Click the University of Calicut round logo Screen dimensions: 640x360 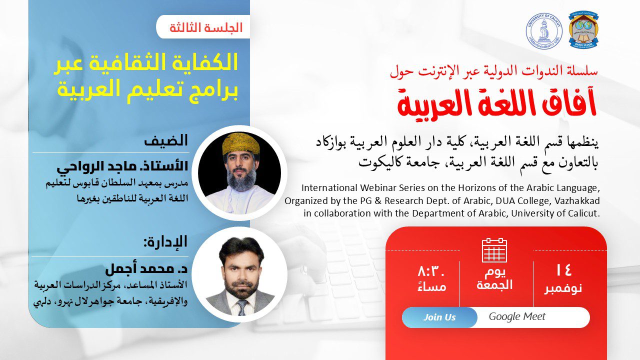[544, 31]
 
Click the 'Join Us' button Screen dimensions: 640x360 [439, 317]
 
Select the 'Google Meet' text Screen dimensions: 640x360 [517, 316]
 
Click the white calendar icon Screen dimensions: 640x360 [494, 250]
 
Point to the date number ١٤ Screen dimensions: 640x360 [563, 270]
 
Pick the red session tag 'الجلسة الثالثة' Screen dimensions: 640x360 [205, 27]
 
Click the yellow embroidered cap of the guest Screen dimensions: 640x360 [241, 143]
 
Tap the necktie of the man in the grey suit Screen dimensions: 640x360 [242, 307]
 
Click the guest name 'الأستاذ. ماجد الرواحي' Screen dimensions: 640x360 [122, 166]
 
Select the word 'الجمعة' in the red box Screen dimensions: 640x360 [494, 285]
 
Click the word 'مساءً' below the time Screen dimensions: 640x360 [431, 286]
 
